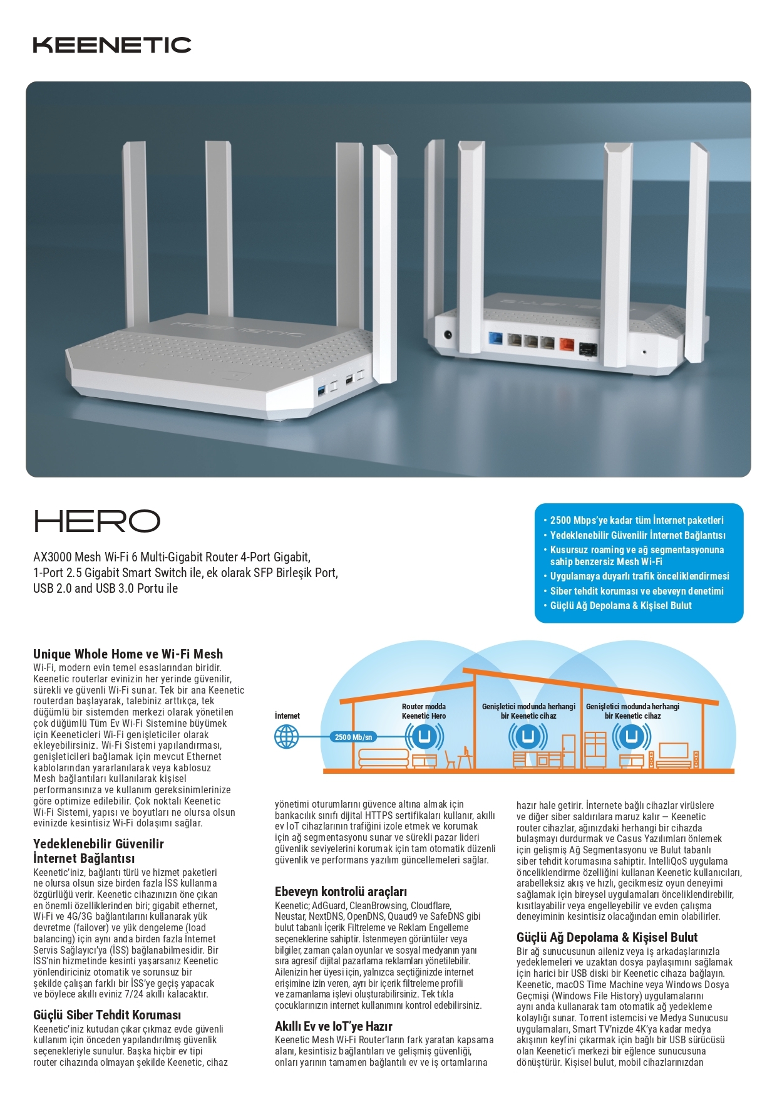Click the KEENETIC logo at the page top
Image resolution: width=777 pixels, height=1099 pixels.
[112, 44]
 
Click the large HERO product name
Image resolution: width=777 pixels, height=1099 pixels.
[97, 521]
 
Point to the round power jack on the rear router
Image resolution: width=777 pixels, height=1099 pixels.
[448, 335]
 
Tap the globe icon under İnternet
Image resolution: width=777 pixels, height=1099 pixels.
[287, 736]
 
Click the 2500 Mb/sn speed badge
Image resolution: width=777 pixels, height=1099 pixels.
[353, 737]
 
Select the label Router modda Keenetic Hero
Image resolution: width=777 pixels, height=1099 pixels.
[424, 711]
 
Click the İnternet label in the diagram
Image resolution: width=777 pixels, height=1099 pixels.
[287, 716]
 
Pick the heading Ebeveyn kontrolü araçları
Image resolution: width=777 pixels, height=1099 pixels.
[341, 892]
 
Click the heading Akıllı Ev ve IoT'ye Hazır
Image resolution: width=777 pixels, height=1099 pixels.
[333, 1026]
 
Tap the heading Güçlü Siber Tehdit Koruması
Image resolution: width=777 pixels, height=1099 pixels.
[107, 1015]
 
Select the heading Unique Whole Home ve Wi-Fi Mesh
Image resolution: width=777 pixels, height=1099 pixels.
[128, 654]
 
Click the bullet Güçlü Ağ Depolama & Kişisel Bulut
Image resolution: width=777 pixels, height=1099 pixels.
[620, 605]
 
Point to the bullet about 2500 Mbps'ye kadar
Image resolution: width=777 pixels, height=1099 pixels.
[636, 520]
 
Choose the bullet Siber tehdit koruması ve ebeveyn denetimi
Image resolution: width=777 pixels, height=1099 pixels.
[636, 591]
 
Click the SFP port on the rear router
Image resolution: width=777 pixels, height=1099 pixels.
[588, 348]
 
